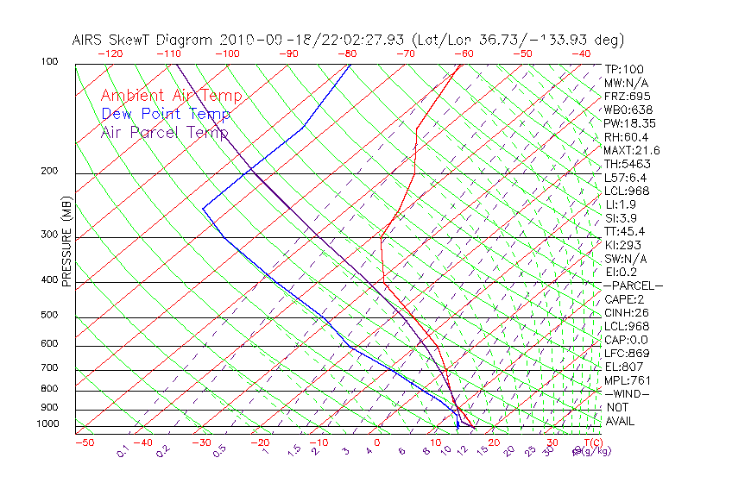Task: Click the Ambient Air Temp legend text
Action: pyautogui.click(x=171, y=96)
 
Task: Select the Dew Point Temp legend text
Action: pyautogui.click(x=166, y=114)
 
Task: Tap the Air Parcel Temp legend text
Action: pyautogui.click(x=164, y=132)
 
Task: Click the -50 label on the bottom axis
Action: pyautogui.click(x=84, y=442)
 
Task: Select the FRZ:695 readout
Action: pyautogui.click(x=628, y=97)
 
